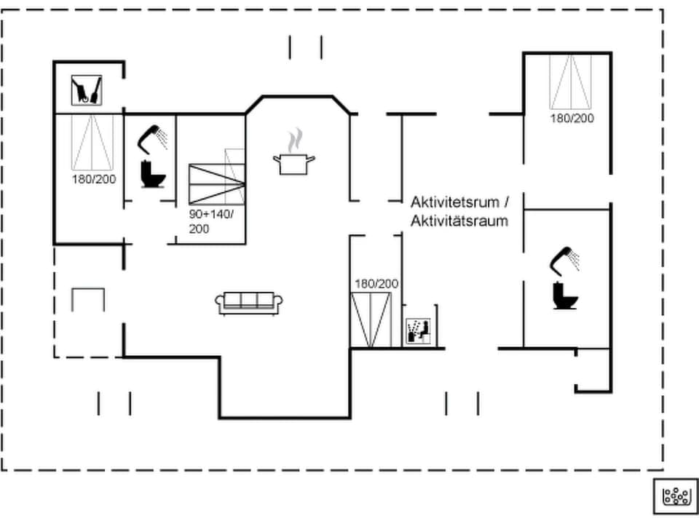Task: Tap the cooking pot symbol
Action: pyautogui.click(x=294, y=164)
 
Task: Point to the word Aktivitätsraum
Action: pyautogui.click(x=459, y=221)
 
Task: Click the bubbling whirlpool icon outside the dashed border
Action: pyautogui.click(x=676, y=496)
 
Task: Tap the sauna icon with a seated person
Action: pyautogui.click(x=418, y=331)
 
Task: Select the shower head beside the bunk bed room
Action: pyautogui.click(x=154, y=138)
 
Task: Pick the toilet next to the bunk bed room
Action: pyautogui.click(x=153, y=175)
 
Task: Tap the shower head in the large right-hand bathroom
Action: pyautogui.click(x=566, y=260)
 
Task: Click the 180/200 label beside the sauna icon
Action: pyautogui.click(x=376, y=284)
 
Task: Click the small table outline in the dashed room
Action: pyautogui.click(x=88, y=299)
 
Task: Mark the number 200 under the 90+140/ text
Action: pyautogui.click(x=199, y=229)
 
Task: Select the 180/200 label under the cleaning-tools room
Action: pyautogui.click(x=94, y=178)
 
